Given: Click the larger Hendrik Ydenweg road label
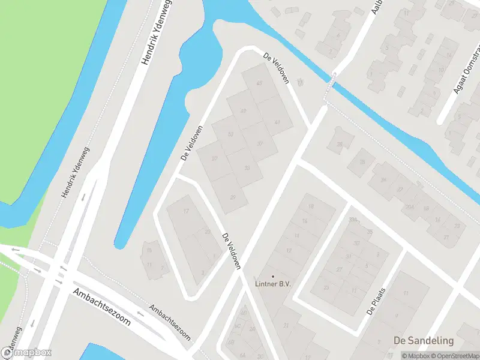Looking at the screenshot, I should [x=154, y=32].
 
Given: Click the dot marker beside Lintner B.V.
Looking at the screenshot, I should [x=272, y=276].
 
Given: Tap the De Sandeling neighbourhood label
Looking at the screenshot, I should [x=424, y=340].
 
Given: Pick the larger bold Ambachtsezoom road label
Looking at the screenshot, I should [x=101, y=306].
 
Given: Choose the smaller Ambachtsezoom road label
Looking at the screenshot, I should [x=170, y=320].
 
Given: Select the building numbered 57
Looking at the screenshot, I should [x=215, y=158].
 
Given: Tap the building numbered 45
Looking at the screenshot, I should [x=259, y=83].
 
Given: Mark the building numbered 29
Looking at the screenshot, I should [x=232, y=196].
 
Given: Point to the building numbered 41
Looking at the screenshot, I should [x=277, y=122].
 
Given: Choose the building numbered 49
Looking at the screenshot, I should [x=244, y=111].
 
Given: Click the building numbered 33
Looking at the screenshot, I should [x=247, y=168].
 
